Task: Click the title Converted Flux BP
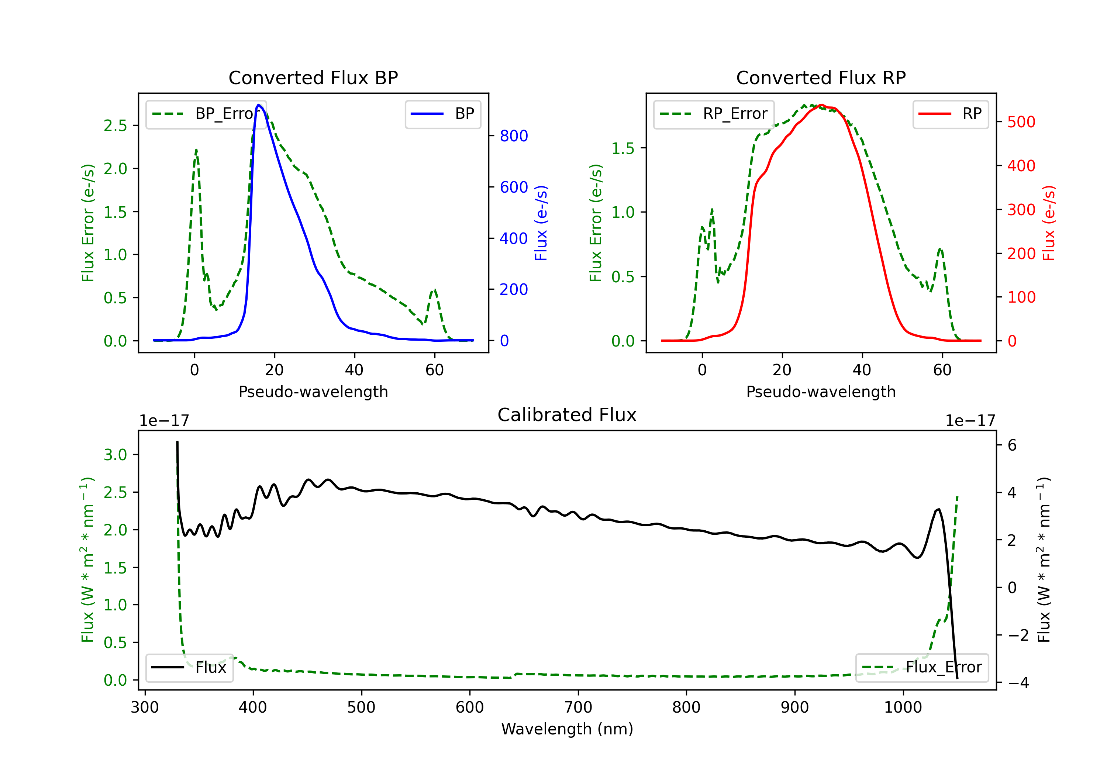[313, 77]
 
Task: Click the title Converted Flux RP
[821, 77]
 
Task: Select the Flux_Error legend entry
[921, 668]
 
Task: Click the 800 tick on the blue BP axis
[514, 136]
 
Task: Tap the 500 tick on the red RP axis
[1021, 122]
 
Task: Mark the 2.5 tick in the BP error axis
[115, 125]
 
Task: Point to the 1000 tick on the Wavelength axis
[903, 707]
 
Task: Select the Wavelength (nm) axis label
[567, 729]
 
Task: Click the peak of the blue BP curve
[258, 105]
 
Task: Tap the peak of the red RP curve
[821, 105]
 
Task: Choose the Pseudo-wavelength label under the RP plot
[821, 392]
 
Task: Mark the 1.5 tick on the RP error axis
[623, 148]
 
